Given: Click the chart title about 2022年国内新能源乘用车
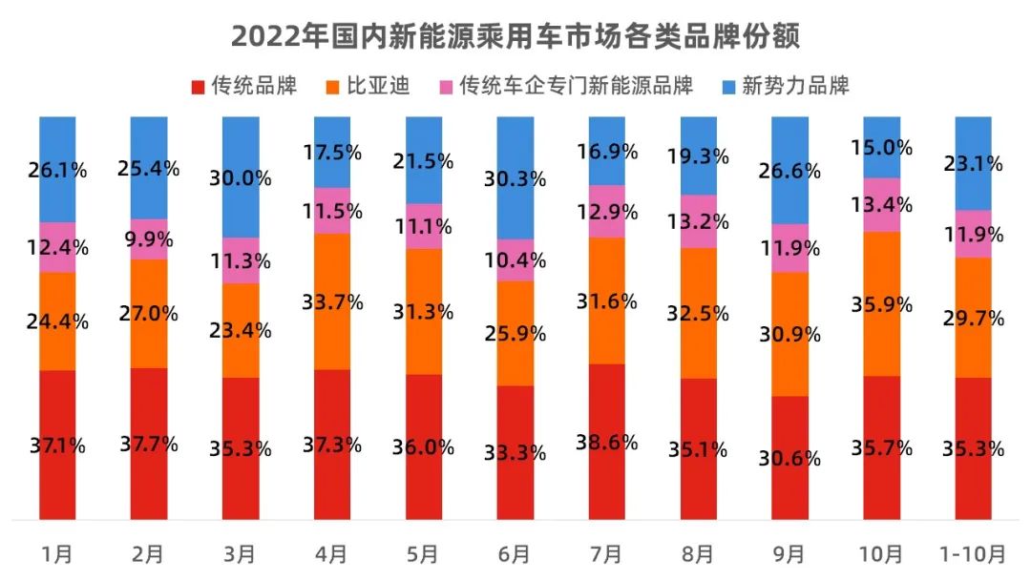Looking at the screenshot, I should (515, 36).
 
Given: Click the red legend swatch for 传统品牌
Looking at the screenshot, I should (198, 87).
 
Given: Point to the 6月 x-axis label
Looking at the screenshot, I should (515, 553).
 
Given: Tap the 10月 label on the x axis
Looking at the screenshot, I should (880, 553).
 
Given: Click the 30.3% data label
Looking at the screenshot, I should (515, 178).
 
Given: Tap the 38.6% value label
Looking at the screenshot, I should (606, 442).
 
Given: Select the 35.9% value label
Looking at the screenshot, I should (880, 304).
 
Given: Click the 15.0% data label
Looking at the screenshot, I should (880, 148).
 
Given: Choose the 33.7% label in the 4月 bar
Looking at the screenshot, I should (331, 302).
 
